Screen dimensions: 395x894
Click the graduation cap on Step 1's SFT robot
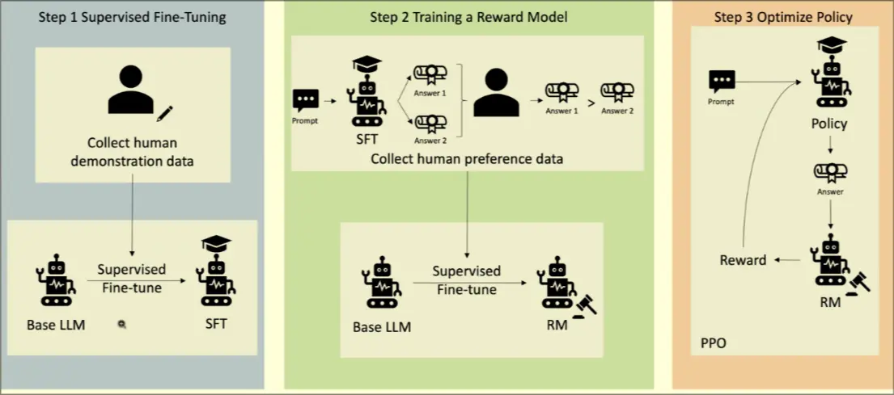[215, 243]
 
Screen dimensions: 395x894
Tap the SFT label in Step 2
[366, 139]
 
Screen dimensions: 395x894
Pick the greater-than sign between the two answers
[589, 103]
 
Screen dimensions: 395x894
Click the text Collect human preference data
[466, 158]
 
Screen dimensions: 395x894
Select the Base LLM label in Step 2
[381, 327]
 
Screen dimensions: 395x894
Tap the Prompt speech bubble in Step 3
[722, 81]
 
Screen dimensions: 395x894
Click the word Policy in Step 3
[829, 124]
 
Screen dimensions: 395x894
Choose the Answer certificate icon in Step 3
[829, 172]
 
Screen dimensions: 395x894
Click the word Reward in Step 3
[743, 260]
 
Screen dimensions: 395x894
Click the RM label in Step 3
[829, 303]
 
